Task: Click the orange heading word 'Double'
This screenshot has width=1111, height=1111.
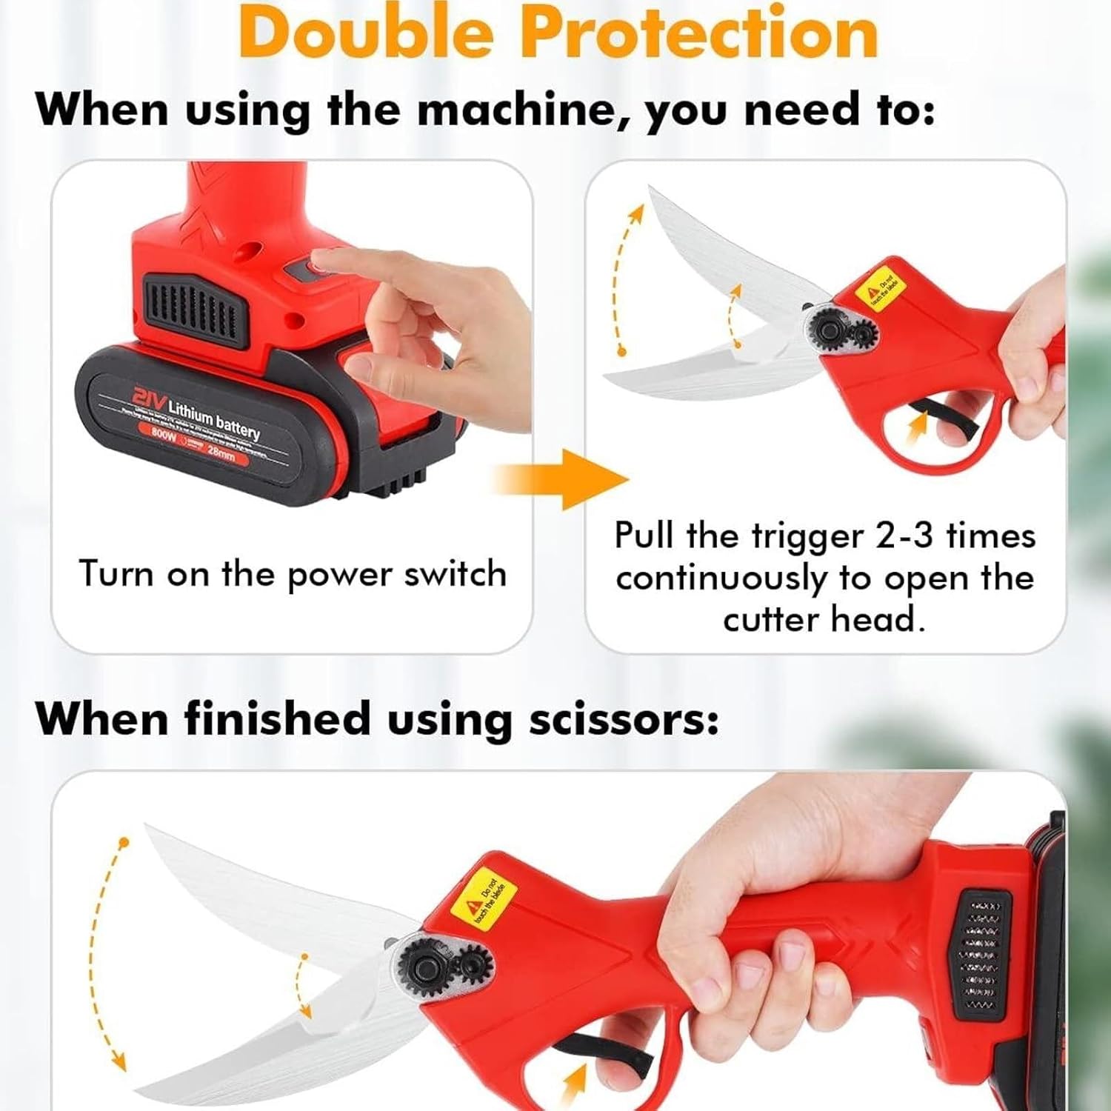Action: click(x=367, y=33)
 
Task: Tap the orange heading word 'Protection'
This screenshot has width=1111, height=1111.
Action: click(x=699, y=33)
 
